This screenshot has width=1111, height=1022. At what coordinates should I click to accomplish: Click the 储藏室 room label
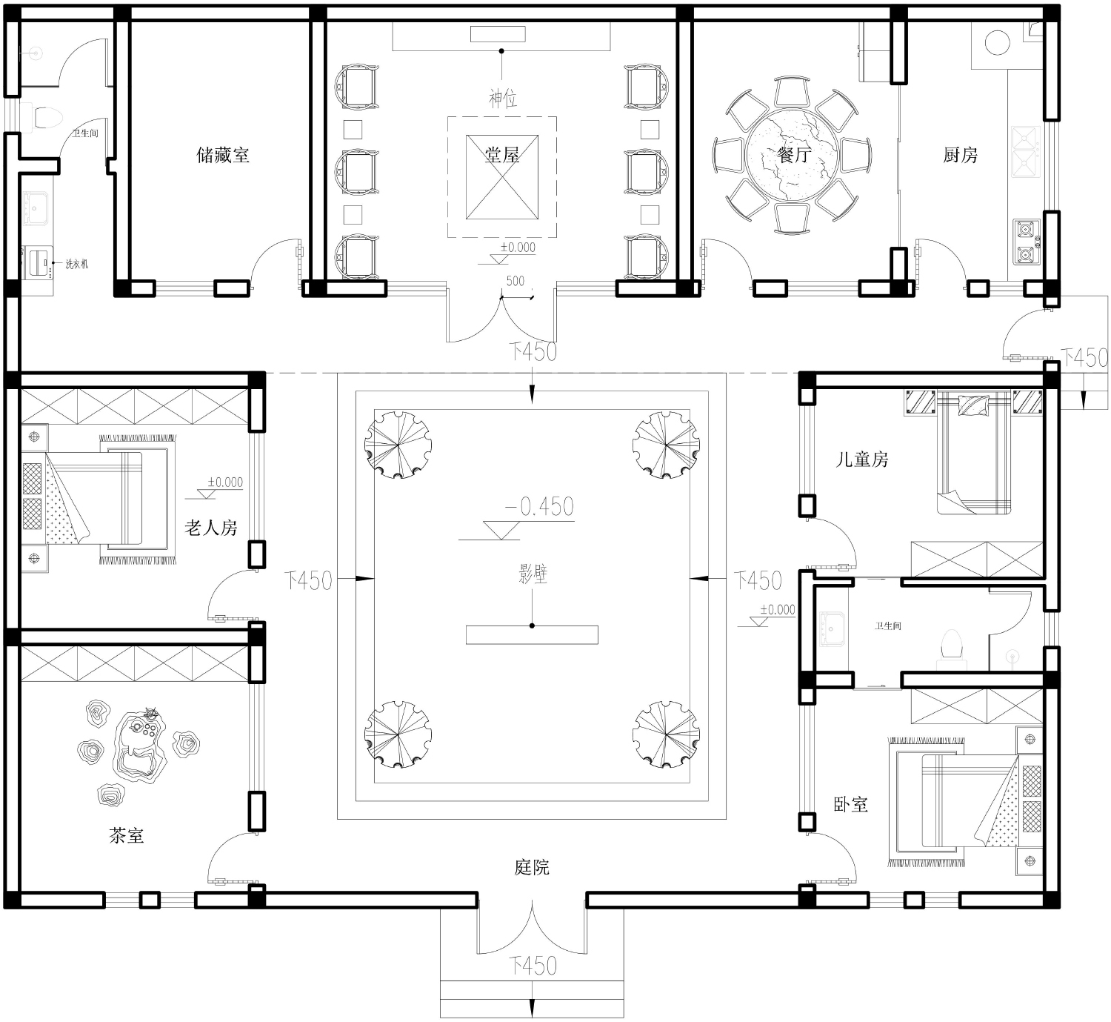coord(223,155)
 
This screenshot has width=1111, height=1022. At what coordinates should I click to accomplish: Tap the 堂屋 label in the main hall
coord(502,155)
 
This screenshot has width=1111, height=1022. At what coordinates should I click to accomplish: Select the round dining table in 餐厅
coord(792,155)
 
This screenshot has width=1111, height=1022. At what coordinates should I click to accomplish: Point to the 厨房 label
coord(961,155)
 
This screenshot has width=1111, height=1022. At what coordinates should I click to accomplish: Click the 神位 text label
coord(503,99)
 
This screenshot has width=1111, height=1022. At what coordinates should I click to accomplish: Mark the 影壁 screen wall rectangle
coord(532,634)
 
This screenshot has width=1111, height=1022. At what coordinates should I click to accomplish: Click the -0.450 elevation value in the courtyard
coord(539,507)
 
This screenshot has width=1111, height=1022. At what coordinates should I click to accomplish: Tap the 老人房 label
coord(211,528)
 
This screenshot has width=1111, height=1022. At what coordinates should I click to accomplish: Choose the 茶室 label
coord(127,835)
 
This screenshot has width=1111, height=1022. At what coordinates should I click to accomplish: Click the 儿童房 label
coord(862,459)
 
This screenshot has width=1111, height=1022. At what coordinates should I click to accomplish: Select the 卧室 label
coord(851,805)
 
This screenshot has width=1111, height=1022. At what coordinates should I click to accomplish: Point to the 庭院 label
coord(532,867)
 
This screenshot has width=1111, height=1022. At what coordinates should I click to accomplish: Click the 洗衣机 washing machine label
coord(77,264)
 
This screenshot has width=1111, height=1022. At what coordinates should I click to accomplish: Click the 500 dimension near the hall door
coord(515,281)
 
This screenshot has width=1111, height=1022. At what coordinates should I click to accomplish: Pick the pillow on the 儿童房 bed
coord(974,405)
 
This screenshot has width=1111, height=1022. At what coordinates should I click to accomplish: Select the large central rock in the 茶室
coord(139,746)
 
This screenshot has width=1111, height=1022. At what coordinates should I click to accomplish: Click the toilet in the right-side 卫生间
coord(952,646)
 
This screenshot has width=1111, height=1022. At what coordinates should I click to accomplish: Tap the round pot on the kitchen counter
coord(997,43)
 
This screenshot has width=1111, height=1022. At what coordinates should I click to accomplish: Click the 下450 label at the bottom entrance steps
coord(533,965)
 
